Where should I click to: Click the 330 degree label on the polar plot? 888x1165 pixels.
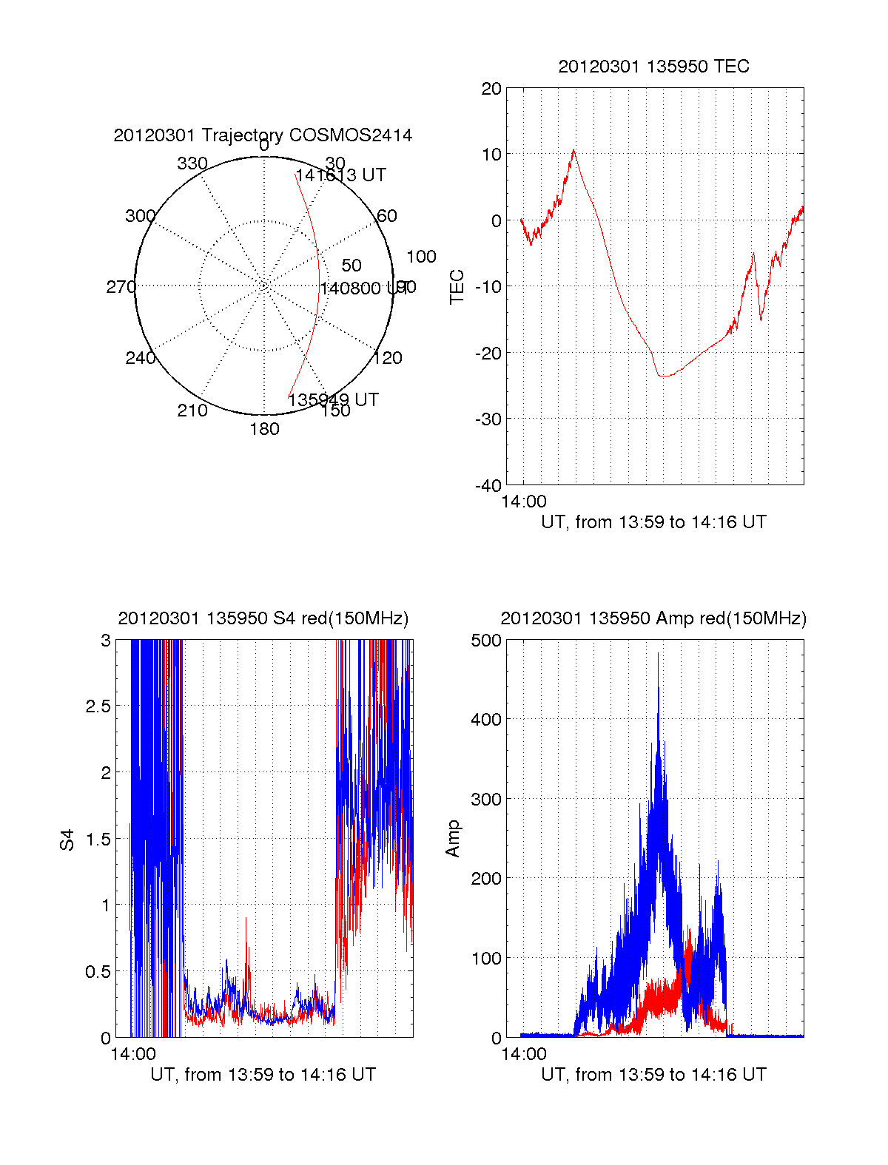[x=192, y=163]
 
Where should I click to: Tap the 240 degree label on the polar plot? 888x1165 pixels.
[x=140, y=358]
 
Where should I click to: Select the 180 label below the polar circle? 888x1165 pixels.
[x=264, y=429]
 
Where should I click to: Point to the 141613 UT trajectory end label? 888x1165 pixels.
[x=340, y=175]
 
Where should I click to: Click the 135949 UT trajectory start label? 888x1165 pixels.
[x=333, y=400]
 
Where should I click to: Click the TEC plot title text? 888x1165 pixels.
[x=653, y=67]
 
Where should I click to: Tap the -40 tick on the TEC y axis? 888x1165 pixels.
[x=488, y=485]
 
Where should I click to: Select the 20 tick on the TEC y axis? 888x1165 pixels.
[x=491, y=89]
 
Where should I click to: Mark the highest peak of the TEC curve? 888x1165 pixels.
[x=573, y=150]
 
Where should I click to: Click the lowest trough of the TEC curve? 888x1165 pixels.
[x=664, y=376]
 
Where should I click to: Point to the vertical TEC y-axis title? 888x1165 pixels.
[x=457, y=287]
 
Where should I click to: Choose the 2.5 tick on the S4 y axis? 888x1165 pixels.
[x=98, y=706]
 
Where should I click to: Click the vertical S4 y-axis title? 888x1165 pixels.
[x=67, y=840]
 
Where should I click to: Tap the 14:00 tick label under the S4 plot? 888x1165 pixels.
[x=133, y=1054]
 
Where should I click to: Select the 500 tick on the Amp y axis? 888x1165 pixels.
[x=486, y=641]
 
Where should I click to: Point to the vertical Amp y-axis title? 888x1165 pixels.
[x=453, y=839]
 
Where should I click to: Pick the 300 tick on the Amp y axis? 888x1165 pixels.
[x=486, y=800]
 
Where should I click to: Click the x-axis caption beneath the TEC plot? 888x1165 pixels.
[x=653, y=522]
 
